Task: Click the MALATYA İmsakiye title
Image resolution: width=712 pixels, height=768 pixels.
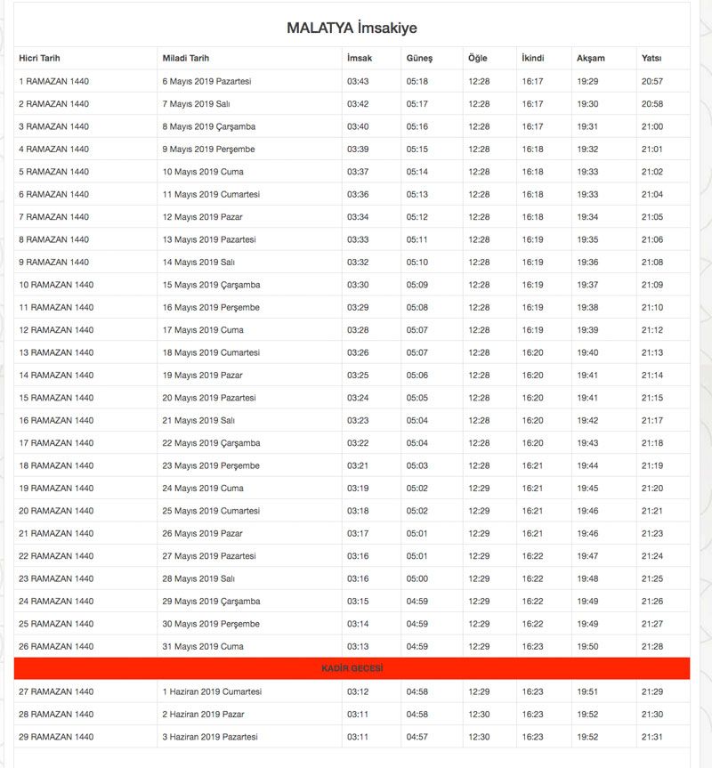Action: point(352,28)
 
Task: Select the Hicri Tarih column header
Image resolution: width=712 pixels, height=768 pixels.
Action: point(39,59)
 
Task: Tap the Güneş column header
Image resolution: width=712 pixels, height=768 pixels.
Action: point(419,59)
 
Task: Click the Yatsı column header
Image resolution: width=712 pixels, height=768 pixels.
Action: point(651,59)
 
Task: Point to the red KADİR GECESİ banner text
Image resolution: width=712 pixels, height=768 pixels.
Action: point(352,668)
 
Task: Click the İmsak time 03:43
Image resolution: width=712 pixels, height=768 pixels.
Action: point(358,82)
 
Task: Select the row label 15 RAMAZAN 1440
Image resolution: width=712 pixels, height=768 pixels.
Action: point(56,398)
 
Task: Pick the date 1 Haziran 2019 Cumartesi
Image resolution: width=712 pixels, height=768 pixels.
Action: point(212,691)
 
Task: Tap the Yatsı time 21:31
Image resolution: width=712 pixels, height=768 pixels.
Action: point(652,737)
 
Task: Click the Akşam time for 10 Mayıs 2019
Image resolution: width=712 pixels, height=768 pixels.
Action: point(587,172)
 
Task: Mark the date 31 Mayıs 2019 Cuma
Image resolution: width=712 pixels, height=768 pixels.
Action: point(203,646)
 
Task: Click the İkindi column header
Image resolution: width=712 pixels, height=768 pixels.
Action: point(533,59)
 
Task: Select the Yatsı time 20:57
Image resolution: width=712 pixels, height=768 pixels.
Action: point(652,82)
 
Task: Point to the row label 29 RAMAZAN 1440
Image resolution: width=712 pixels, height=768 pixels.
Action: point(56,737)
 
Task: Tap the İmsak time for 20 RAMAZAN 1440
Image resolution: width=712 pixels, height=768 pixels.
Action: point(358,511)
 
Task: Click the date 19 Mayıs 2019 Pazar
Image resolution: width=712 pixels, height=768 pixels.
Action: point(202,376)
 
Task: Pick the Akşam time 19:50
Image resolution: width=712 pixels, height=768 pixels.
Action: point(587,646)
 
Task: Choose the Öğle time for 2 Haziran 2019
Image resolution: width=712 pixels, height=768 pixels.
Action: point(479,714)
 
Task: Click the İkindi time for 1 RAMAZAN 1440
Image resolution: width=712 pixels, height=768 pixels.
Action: point(533,82)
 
